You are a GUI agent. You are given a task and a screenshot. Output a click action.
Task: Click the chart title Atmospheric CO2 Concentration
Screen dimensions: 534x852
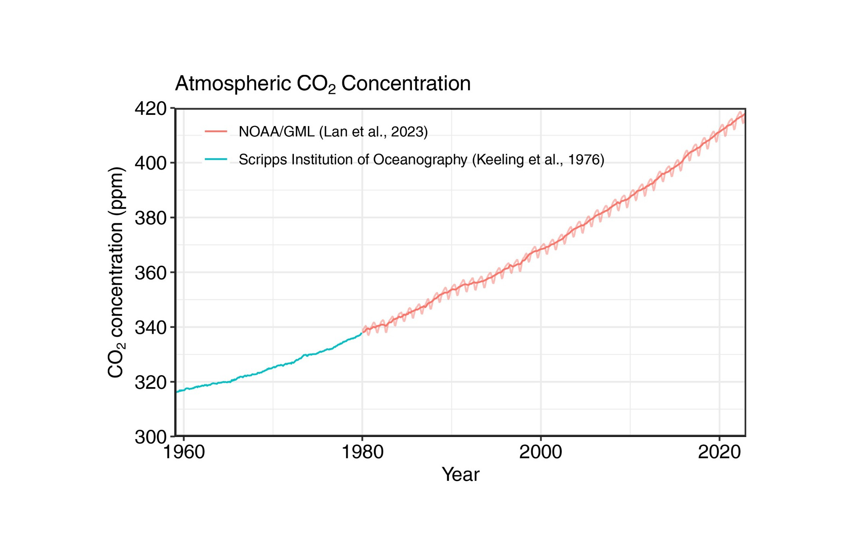tap(323, 84)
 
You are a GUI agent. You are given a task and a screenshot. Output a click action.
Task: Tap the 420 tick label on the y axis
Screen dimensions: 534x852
tap(151, 108)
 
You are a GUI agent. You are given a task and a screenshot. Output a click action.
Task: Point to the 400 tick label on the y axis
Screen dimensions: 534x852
tap(151, 163)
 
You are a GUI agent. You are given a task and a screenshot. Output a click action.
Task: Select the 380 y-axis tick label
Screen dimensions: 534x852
tap(151, 218)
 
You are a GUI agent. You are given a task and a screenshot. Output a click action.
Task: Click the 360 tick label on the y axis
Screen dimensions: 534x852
tap(151, 273)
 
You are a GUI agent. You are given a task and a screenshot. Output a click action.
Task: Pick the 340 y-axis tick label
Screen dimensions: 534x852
tap(151, 328)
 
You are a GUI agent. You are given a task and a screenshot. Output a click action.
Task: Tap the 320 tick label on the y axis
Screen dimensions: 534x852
tap(151, 383)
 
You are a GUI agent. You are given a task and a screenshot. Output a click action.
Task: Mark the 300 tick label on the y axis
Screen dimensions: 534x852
tap(151, 437)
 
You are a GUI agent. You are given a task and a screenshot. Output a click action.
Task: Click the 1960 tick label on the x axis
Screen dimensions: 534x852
tap(184, 452)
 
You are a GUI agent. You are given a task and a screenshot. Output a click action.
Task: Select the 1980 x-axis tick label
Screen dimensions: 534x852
tap(362, 452)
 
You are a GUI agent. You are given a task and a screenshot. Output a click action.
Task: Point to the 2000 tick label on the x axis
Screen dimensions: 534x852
tap(541, 452)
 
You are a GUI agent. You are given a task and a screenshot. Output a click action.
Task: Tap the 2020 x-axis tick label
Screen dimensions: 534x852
tap(719, 452)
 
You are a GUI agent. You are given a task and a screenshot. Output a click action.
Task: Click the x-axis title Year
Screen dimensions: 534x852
tap(460, 475)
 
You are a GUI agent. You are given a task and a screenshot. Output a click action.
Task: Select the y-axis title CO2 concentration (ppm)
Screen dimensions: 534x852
tap(116, 272)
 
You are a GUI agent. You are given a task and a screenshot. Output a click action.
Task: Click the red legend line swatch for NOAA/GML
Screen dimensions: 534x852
tap(216, 131)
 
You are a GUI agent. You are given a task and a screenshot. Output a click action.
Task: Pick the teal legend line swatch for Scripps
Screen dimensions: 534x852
tap(216, 159)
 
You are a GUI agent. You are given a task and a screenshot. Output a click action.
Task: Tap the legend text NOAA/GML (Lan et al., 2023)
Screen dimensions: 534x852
tap(333, 132)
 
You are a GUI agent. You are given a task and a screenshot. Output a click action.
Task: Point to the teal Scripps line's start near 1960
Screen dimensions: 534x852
tap(177, 392)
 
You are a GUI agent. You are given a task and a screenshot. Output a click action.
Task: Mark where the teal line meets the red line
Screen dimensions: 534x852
tap(362, 332)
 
